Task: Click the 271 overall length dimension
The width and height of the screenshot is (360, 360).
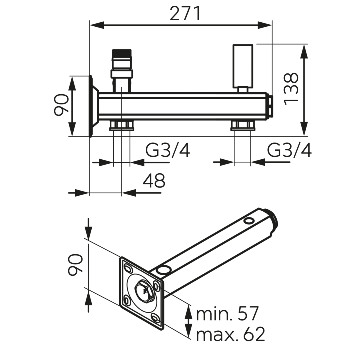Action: tap(185, 14)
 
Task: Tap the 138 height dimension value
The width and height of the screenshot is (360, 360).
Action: tap(291, 89)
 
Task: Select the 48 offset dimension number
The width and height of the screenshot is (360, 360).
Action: tap(154, 180)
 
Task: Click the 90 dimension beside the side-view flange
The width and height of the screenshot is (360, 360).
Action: tap(61, 105)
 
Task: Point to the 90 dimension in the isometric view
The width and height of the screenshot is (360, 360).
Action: tap(75, 264)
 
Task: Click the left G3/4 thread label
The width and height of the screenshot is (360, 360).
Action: tap(168, 150)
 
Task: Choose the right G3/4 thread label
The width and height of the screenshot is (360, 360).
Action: tap(289, 150)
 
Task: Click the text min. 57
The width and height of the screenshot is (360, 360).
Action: tap(227, 314)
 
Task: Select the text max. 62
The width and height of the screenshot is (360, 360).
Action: tap(230, 334)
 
